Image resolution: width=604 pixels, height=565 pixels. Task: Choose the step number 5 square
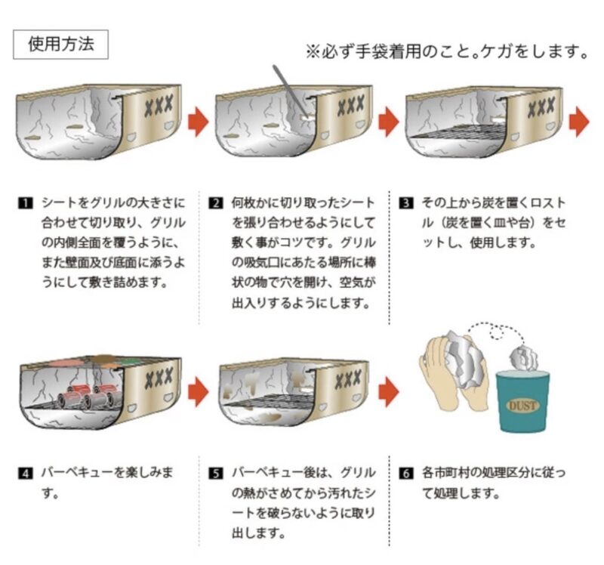(216, 474)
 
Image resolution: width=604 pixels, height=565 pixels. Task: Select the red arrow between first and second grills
(197, 121)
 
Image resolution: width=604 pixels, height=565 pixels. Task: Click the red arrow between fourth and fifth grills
(197, 391)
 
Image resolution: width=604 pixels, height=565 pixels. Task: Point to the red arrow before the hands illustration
(388, 391)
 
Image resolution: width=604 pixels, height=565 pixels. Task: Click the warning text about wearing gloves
(446, 51)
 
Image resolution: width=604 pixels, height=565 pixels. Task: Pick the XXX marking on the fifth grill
(348, 375)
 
